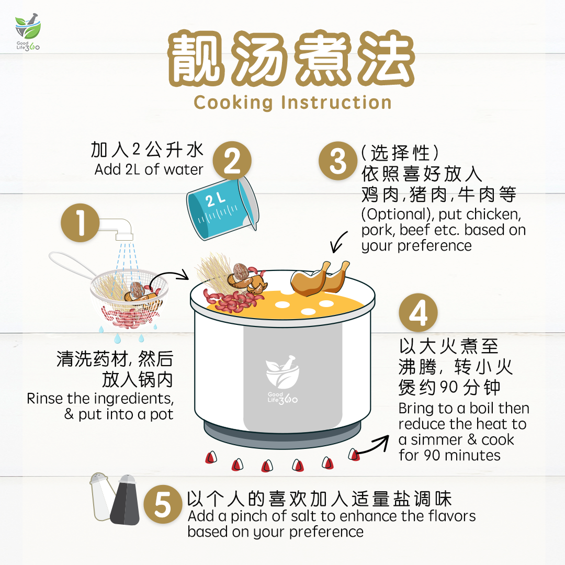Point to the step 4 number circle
click(x=418, y=314)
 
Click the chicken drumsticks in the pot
click(x=321, y=278)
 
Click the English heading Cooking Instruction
click(x=292, y=102)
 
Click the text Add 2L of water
click(x=149, y=170)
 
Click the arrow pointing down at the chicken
click(x=338, y=242)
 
